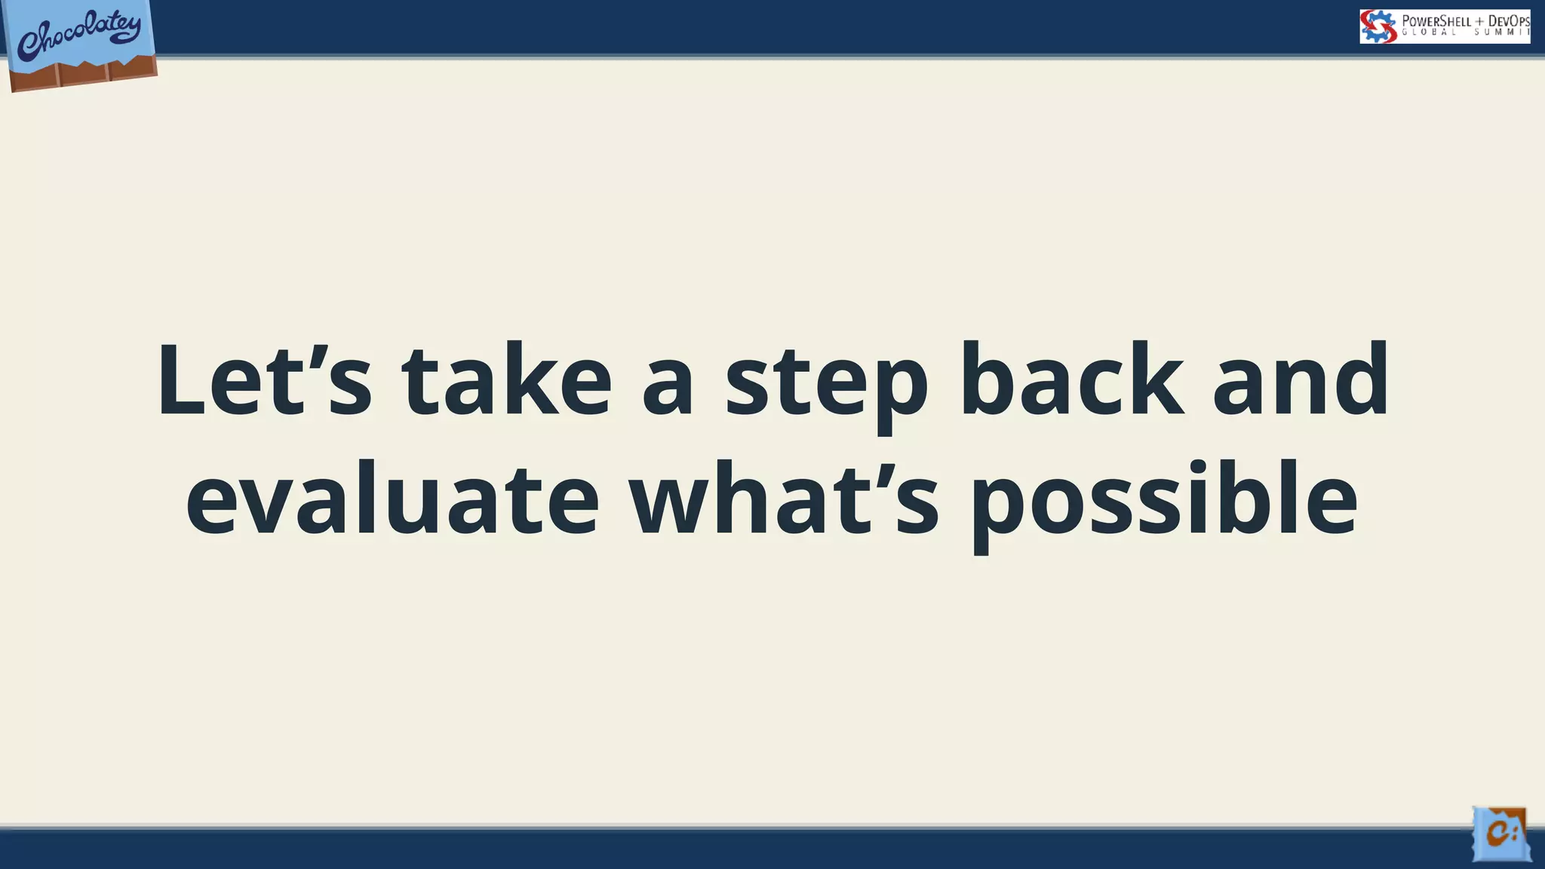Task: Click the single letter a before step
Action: pos(668,388)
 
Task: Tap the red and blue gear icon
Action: pos(1378,26)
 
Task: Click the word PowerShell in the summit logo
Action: pos(1436,21)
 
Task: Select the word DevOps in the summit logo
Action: pos(1509,21)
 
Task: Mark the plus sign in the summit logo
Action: pos(1479,21)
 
